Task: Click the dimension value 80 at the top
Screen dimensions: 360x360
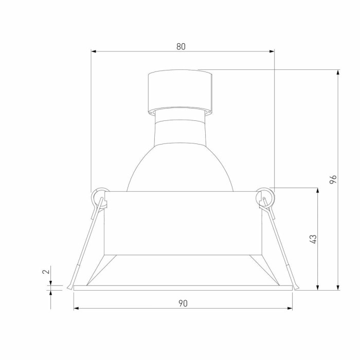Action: [x=181, y=46]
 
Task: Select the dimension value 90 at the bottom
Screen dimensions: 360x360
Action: [x=183, y=303]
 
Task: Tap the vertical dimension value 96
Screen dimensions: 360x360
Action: [x=333, y=179]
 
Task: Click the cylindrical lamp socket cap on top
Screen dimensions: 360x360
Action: [x=179, y=91]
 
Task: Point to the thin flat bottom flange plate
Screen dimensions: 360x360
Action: [x=183, y=288]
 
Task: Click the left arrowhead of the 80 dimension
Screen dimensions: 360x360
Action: [x=94, y=51]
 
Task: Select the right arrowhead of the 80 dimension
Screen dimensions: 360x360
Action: [x=272, y=51]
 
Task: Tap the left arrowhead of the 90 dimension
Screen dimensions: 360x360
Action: [x=77, y=308]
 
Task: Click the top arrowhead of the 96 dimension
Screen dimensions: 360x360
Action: [x=338, y=73]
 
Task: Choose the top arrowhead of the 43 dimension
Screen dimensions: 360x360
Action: [x=318, y=191]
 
